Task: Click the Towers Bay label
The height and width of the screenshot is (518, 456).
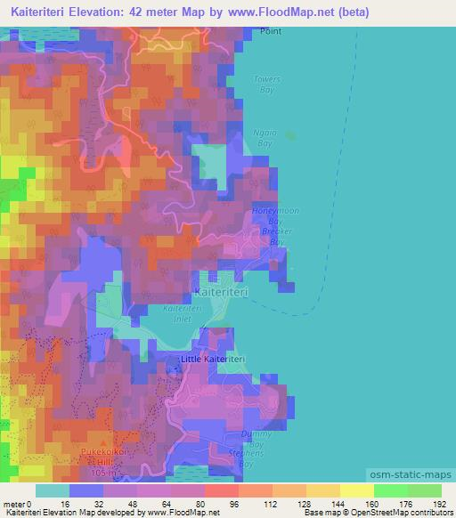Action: (x=266, y=84)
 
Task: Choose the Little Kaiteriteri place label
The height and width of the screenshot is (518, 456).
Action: (x=213, y=358)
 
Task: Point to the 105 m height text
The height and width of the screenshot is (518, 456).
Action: (x=104, y=473)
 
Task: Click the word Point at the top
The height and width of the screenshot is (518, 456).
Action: (x=270, y=30)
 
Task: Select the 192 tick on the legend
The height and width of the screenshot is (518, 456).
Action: (x=441, y=503)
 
